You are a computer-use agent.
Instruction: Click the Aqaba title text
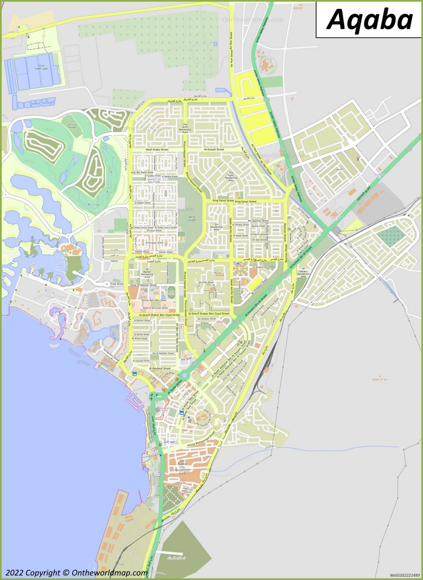[x=370, y=20]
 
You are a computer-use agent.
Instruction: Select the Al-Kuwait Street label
[x=214, y=150]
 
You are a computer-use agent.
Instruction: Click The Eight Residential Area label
[x=231, y=178]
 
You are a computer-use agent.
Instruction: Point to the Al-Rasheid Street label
[x=159, y=368]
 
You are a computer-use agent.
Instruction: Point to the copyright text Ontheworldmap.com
[x=77, y=573]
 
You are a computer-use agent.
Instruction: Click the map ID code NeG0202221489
[x=404, y=575]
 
